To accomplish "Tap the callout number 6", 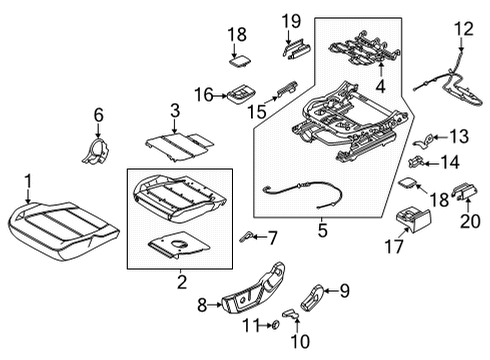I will (x=98, y=116).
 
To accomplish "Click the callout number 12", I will (x=461, y=29).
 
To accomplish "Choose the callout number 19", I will (x=290, y=21).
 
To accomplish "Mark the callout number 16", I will (x=204, y=95).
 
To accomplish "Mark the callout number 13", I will (x=458, y=136).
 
